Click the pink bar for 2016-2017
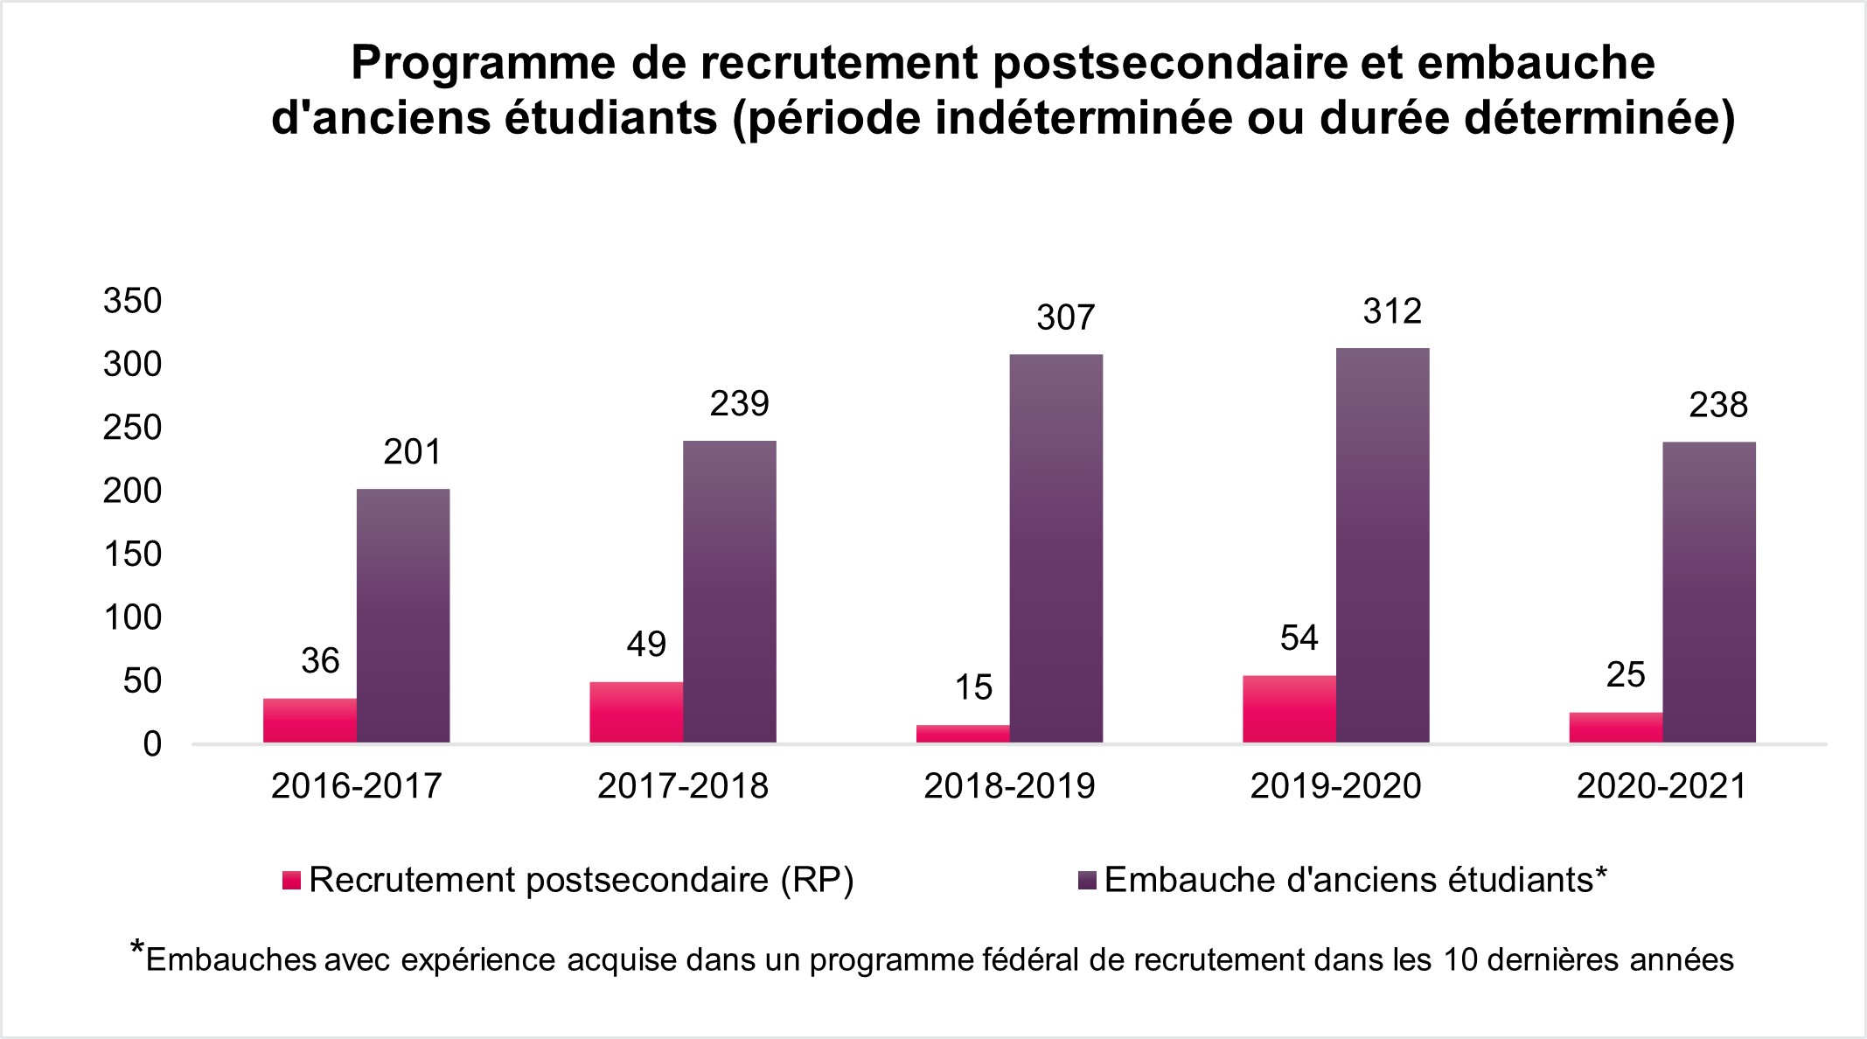[x=310, y=721]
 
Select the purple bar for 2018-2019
[x=1055, y=548]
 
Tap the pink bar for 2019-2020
[x=1289, y=709]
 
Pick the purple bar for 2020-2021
[x=1709, y=592]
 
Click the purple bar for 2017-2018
[x=729, y=591]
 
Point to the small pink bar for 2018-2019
[x=962, y=734]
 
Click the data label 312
[x=1392, y=311]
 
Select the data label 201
[x=413, y=452]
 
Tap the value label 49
[x=646, y=645]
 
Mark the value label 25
[x=1626, y=675]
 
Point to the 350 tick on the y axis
[x=133, y=301]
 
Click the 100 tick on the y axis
[x=133, y=617]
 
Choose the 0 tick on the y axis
[x=152, y=744]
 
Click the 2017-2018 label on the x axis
[x=683, y=786]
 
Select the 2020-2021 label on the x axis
[x=1661, y=786]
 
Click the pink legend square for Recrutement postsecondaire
[x=291, y=881]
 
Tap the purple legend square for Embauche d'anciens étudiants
[x=1088, y=881]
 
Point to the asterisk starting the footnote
[x=137, y=948]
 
